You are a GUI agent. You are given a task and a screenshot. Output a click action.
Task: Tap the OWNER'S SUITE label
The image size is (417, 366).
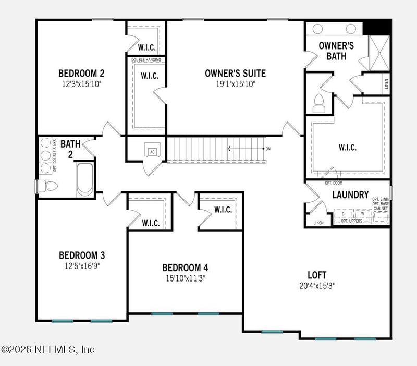point(235,73)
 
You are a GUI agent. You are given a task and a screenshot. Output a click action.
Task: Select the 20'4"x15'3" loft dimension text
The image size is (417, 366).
point(316,285)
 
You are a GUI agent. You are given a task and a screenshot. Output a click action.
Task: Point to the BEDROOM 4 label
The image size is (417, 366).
point(185,267)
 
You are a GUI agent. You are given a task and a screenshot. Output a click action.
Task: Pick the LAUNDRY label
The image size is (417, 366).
point(350,194)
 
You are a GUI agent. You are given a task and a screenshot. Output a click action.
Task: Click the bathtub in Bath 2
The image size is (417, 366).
point(85,179)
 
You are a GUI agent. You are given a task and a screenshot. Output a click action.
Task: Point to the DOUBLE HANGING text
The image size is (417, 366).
point(146,60)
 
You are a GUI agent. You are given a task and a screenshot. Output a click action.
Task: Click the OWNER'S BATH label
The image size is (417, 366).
point(336,51)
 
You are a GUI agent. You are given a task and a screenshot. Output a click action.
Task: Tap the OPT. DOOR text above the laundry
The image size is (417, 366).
point(333,183)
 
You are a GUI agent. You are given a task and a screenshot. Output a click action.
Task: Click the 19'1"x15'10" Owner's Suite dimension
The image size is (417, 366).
point(235,83)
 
